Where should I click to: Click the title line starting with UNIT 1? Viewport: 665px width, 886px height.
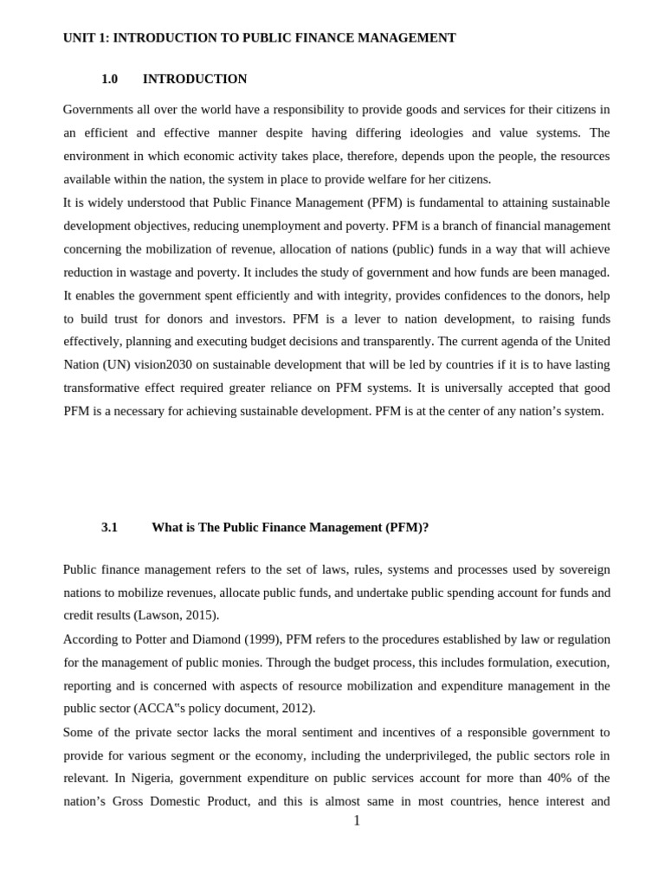tap(259, 38)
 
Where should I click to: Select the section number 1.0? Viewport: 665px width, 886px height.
tap(109, 79)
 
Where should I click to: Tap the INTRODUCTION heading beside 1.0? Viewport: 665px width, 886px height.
tap(195, 79)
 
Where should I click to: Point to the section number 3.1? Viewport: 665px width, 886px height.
tap(109, 527)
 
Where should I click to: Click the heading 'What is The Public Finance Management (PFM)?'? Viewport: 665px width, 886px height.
tap(290, 527)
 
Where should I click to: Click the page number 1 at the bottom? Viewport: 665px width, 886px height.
tap(356, 820)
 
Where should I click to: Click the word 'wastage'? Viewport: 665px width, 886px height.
tap(158, 272)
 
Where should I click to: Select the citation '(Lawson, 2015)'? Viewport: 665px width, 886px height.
tap(176, 615)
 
